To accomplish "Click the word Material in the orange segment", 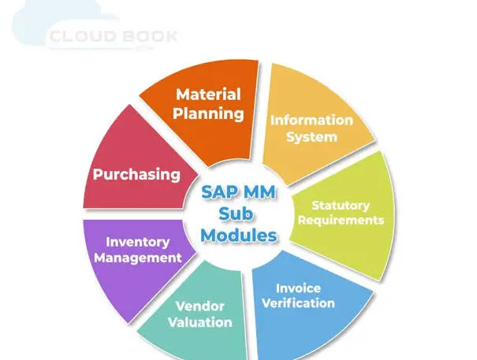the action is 208,95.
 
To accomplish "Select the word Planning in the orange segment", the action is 208,114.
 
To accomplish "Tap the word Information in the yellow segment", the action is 311,120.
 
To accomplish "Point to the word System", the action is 311,137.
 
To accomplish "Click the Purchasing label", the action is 136,175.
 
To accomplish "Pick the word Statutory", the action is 341,206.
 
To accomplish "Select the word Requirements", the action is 341,220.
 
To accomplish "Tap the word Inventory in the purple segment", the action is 138,243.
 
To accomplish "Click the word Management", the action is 138,258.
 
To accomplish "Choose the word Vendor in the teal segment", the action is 199,306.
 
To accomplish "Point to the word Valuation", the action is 199,322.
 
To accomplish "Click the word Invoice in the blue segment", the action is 298,288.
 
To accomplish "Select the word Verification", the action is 298,303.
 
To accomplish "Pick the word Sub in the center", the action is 236,213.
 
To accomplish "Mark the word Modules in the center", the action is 239,236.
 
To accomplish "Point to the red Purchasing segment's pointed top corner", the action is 129,105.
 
